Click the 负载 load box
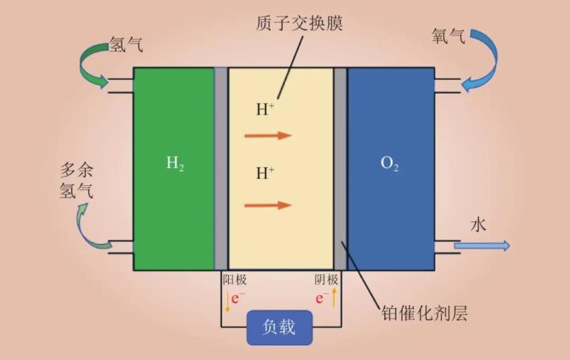click(279, 328)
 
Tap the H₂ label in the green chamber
click(175, 163)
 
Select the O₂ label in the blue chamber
click(389, 164)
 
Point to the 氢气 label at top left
click(127, 44)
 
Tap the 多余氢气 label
click(76, 181)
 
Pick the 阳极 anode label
click(234, 280)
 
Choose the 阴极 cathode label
click(326, 280)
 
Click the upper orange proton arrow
click(268, 135)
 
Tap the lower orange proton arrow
click(268, 205)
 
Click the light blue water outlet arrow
click(482, 246)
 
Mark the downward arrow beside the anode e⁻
click(227, 302)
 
